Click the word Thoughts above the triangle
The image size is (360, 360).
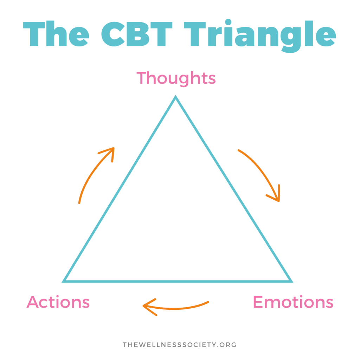[x=176, y=78]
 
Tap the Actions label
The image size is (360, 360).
[x=58, y=302]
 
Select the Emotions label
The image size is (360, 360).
[x=293, y=302]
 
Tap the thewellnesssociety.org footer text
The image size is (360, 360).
[x=180, y=345]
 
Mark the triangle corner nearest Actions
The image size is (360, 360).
[x=64, y=281]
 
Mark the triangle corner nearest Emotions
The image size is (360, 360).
[x=291, y=281]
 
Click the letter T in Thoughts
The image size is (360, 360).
[x=141, y=78]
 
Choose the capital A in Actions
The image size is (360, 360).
[x=33, y=302]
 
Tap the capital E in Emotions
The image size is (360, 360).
[x=258, y=302]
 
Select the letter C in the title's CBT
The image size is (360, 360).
[x=113, y=34]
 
